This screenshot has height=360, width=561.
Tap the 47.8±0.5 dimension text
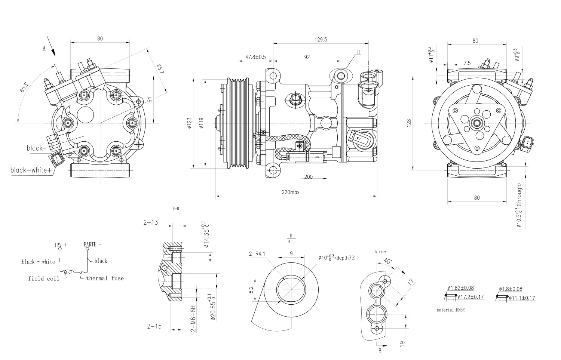click(255, 57)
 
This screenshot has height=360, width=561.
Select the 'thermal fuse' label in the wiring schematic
click(105, 278)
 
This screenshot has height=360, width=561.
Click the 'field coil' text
click(44, 279)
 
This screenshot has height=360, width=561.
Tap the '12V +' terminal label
click(61, 245)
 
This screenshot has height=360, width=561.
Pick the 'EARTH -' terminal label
click(92, 244)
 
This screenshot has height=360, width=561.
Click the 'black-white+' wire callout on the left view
click(31, 170)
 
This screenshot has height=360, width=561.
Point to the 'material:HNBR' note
click(450, 310)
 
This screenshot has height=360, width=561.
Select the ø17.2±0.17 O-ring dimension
click(470, 297)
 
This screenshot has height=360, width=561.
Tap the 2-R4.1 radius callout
click(257, 254)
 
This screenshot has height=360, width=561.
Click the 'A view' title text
click(380, 252)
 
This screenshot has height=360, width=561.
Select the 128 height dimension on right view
click(409, 122)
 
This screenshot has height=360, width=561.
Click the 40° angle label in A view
click(389, 262)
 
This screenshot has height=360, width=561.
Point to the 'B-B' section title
click(176, 209)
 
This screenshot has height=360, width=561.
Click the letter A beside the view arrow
click(44, 48)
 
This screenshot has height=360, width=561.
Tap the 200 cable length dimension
click(308, 177)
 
